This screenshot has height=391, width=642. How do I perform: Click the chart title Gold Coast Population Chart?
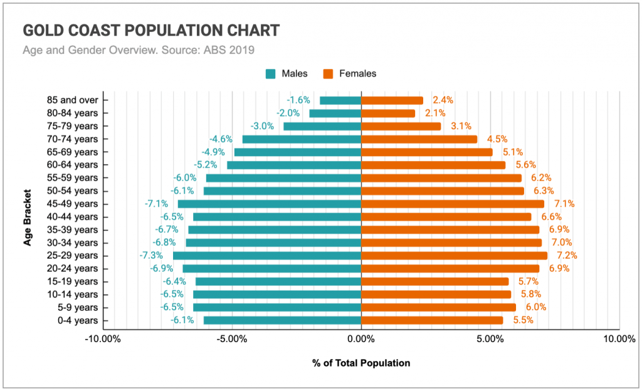pos(151,31)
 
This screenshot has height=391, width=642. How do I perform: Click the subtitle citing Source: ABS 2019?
pos(139,50)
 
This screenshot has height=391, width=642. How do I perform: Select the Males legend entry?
pos(287,73)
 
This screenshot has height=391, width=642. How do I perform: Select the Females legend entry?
pos(350,73)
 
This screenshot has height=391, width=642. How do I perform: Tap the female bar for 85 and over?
pos(392,100)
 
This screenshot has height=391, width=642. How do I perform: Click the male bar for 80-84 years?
pos(335,113)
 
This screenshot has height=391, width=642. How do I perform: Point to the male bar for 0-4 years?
pos(282,320)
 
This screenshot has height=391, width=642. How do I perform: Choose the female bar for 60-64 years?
pos(433,165)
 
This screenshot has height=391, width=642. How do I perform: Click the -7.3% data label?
pos(151,256)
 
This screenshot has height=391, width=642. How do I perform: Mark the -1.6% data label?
pos(298,100)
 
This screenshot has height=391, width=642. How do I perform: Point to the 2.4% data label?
pos(443,100)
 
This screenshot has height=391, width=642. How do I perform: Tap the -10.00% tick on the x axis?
pos(103,339)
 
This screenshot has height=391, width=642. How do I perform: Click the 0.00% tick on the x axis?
pos(361,339)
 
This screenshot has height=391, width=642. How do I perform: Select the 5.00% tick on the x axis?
pos(490,339)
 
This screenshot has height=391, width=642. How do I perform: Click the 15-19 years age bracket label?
pos(73,281)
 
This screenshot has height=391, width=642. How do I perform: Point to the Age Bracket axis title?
pos(28,210)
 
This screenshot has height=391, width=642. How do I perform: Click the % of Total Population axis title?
pos(361,363)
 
